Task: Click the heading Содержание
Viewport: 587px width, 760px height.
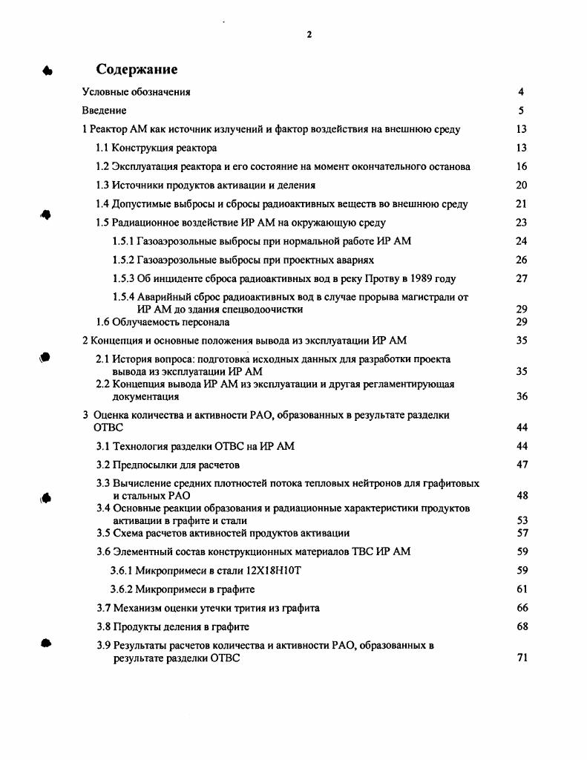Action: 137,69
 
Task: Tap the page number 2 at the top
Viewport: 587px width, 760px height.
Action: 309,35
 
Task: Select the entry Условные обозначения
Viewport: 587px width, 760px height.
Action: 136,92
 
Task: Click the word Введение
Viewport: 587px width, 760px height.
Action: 104,111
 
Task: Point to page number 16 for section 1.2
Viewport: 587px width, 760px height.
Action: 522,167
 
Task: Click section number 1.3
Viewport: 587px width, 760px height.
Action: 104,186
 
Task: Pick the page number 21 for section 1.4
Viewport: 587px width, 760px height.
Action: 522,204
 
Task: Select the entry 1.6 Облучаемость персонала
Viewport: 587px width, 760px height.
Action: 163,323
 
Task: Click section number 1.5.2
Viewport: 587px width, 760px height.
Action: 122,261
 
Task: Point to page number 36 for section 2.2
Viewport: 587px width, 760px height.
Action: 522,397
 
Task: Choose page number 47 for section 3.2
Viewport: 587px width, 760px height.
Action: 522,465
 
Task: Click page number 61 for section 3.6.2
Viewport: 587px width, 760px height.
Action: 522,589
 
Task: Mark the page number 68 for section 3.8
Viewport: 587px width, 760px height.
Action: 522,626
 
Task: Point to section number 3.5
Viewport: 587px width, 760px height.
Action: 104,533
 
